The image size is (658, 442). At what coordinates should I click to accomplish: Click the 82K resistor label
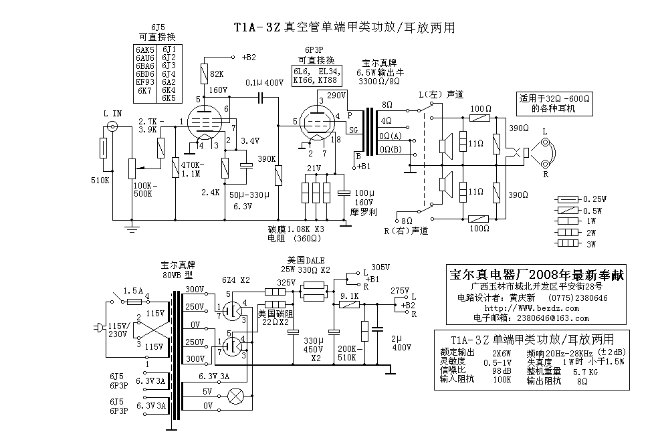coord(217,74)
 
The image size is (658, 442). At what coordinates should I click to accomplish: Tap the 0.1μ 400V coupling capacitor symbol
coord(261,99)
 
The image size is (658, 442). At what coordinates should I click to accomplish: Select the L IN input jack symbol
coord(112,126)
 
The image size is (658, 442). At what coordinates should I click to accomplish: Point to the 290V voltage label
coord(336,95)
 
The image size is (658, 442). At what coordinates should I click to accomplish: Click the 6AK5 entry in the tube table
coord(145,49)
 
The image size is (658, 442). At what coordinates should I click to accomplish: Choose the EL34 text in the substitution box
coord(329,71)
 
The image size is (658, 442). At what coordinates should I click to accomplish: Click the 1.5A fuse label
coord(133,291)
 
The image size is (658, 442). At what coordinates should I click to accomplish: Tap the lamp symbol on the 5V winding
coord(236,396)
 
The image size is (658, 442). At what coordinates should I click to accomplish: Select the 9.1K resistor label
coord(349,296)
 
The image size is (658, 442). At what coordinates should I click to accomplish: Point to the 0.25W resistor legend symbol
coord(567,199)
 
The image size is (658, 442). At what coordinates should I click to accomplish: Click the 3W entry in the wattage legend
coord(591,244)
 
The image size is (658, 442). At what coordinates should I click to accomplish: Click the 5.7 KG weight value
coord(585,372)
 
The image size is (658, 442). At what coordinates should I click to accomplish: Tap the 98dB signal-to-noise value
coord(502,371)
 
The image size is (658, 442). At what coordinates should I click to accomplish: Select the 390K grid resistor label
coord(266,159)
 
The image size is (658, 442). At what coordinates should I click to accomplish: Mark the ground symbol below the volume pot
coord(132,228)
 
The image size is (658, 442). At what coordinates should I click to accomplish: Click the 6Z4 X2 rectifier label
coord(236,280)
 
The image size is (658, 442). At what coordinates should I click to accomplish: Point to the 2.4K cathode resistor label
coord(210,193)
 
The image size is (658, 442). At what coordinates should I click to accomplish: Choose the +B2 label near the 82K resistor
coord(249,58)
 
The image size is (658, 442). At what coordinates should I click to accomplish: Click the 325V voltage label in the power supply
coord(286,282)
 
